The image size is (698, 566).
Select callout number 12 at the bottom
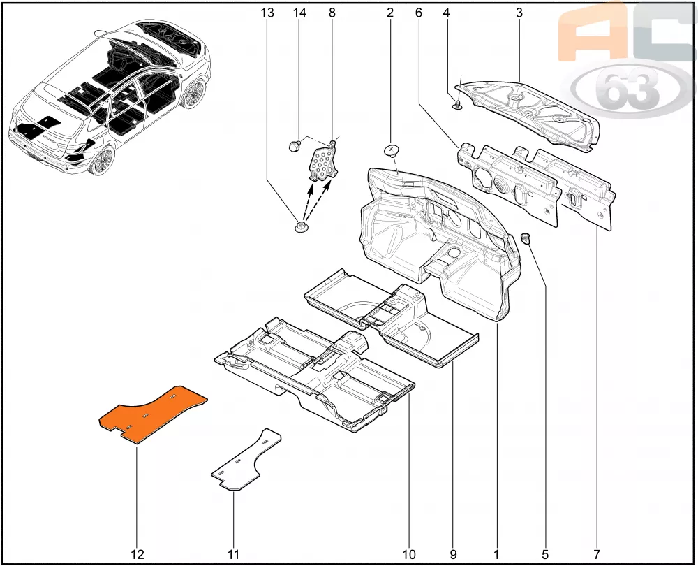(x=138, y=554)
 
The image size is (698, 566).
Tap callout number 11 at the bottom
(x=233, y=554)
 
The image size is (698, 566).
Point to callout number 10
(x=408, y=554)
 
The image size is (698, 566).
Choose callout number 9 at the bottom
(x=453, y=554)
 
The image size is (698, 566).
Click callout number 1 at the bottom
(x=496, y=554)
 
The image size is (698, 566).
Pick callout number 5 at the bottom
(x=545, y=554)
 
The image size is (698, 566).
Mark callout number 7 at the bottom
(x=597, y=554)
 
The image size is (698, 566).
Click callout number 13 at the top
(x=267, y=13)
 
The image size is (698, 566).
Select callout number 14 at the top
(x=299, y=13)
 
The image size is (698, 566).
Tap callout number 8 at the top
(x=332, y=13)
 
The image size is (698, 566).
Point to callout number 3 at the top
(x=519, y=13)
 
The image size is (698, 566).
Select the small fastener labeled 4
(x=456, y=105)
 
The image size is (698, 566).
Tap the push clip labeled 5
(x=526, y=238)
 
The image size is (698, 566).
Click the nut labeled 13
(x=301, y=226)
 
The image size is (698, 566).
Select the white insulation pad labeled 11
(x=246, y=460)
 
